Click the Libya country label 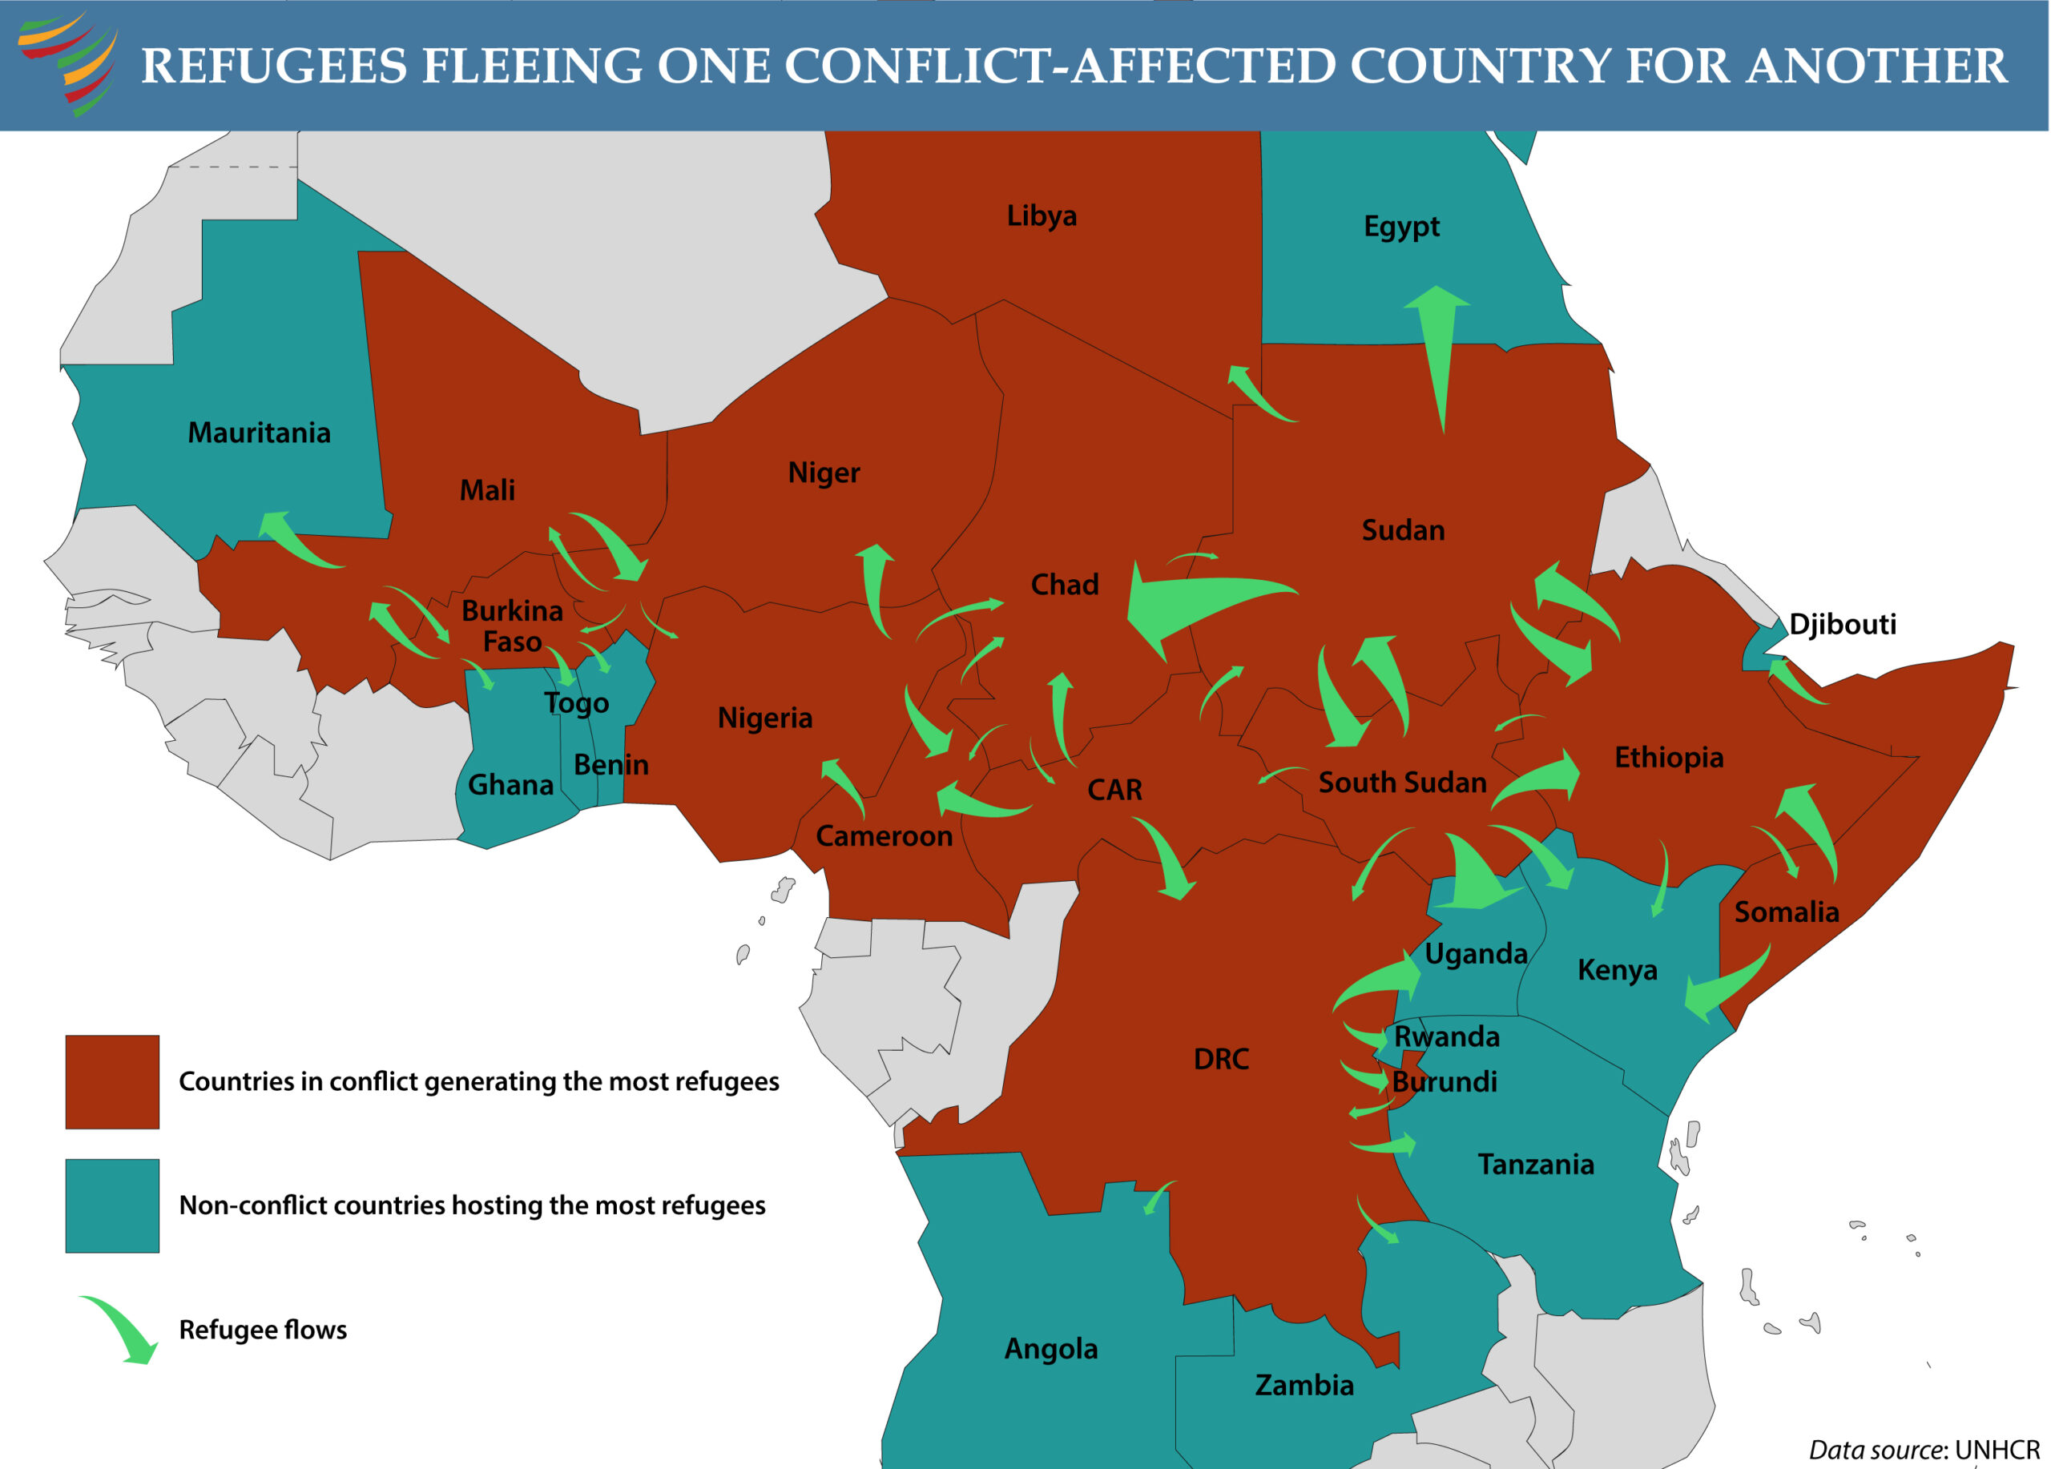click(x=1041, y=216)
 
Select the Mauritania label click(x=259, y=433)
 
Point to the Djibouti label click(x=1842, y=624)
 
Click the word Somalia click(x=1786, y=912)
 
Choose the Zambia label click(x=1304, y=1385)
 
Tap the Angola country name click(x=1051, y=1349)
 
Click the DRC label click(x=1221, y=1059)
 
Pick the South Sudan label click(x=1402, y=782)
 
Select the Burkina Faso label click(x=512, y=626)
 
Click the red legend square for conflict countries click(x=112, y=1082)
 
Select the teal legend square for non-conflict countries click(x=112, y=1206)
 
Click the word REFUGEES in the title click(x=274, y=66)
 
